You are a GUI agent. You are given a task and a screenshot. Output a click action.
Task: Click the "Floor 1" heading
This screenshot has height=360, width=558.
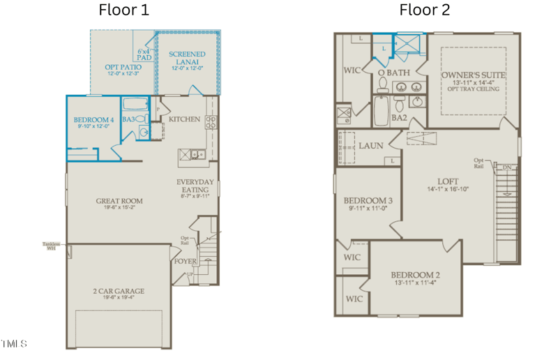(x=123, y=10)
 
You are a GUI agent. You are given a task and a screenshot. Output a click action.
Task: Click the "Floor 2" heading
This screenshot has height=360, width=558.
(x=424, y=10)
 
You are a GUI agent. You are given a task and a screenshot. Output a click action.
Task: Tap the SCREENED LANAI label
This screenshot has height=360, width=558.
(x=188, y=58)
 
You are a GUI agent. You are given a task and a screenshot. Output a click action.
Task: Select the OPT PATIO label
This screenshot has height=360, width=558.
(x=123, y=68)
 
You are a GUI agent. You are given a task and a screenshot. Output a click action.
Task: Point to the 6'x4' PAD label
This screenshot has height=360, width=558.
(x=144, y=54)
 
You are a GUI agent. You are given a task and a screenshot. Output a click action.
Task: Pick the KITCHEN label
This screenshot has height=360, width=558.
(x=184, y=119)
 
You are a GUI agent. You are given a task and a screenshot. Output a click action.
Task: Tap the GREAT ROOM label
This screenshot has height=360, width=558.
(x=119, y=201)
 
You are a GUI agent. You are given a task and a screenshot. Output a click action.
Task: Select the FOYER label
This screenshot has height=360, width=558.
(x=186, y=262)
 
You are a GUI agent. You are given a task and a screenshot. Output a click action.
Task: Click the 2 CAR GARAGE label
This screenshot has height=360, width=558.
(x=119, y=291)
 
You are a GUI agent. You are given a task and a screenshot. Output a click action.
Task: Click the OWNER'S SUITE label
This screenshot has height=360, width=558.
(x=473, y=75)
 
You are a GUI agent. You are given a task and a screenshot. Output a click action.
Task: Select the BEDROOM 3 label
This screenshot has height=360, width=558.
(x=370, y=201)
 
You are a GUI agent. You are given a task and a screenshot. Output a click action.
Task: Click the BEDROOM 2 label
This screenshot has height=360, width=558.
(x=415, y=274)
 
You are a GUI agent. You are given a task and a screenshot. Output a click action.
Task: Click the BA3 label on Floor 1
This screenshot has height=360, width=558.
(x=130, y=119)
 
